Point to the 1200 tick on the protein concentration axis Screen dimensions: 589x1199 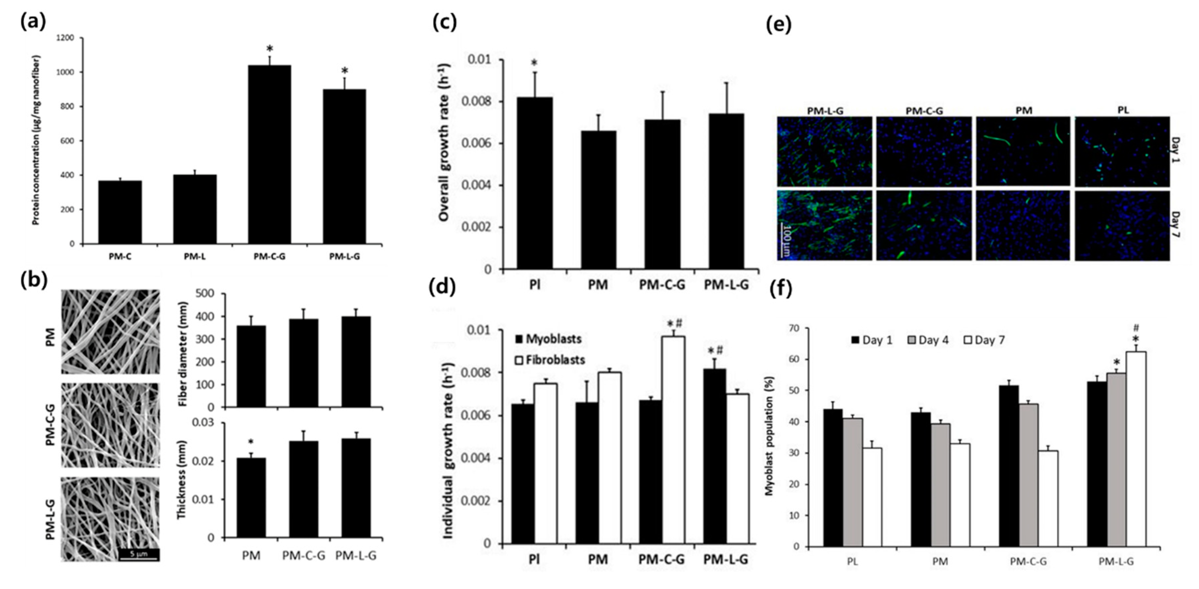(66, 38)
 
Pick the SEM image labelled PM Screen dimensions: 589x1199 (110, 332)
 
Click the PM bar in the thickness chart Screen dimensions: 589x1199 (251, 498)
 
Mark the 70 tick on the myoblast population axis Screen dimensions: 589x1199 (798, 328)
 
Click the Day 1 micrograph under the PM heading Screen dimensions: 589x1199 (1023, 151)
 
